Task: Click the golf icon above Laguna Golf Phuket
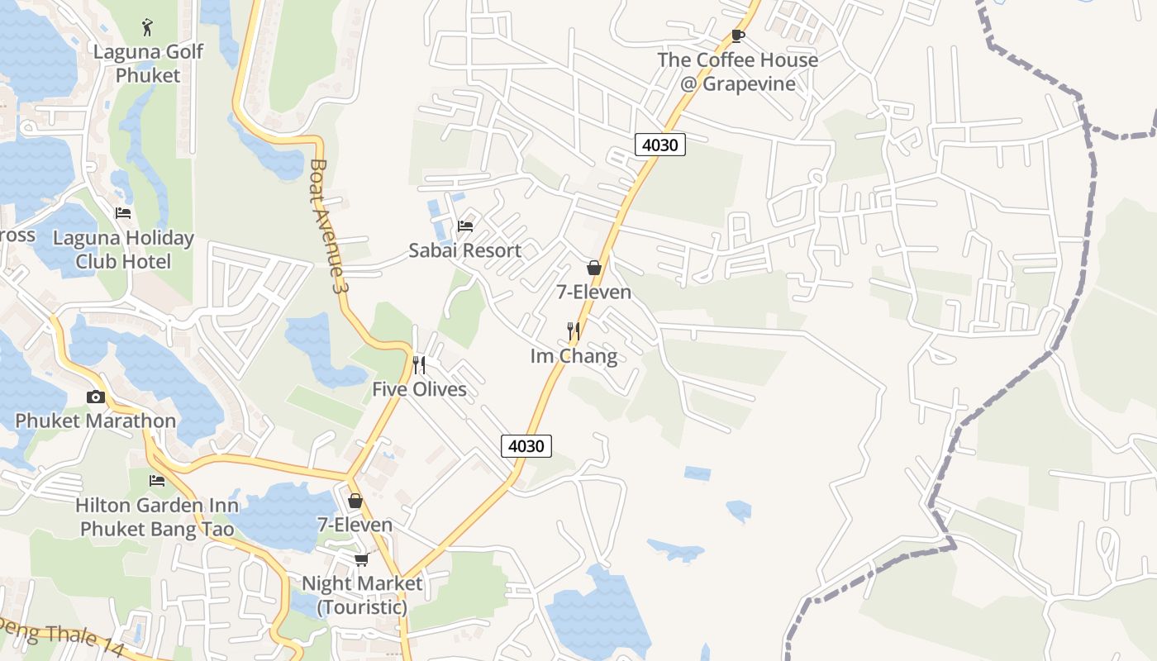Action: click(x=148, y=26)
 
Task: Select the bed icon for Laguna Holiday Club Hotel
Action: click(x=123, y=213)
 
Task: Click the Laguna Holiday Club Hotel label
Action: click(x=123, y=250)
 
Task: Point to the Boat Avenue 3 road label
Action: click(x=326, y=226)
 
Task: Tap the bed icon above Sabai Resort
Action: click(x=465, y=226)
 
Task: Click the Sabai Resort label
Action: click(x=465, y=250)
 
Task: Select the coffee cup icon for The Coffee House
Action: click(x=738, y=36)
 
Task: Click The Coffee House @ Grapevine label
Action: click(x=738, y=72)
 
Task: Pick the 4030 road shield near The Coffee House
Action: click(x=660, y=145)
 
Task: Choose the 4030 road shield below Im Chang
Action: click(x=526, y=446)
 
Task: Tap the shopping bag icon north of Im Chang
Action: click(x=593, y=268)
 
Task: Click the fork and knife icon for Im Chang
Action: click(x=574, y=331)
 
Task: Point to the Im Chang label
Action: click(x=574, y=356)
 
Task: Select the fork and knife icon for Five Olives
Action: click(x=419, y=364)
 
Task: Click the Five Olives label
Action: click(x=419, y=389)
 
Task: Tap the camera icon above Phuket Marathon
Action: click(x=96, y=397)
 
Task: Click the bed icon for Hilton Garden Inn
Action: click(x=157, y=480)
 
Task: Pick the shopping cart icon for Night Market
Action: click(x=361, y=559)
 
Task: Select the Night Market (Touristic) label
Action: click(x=361, y=595)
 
